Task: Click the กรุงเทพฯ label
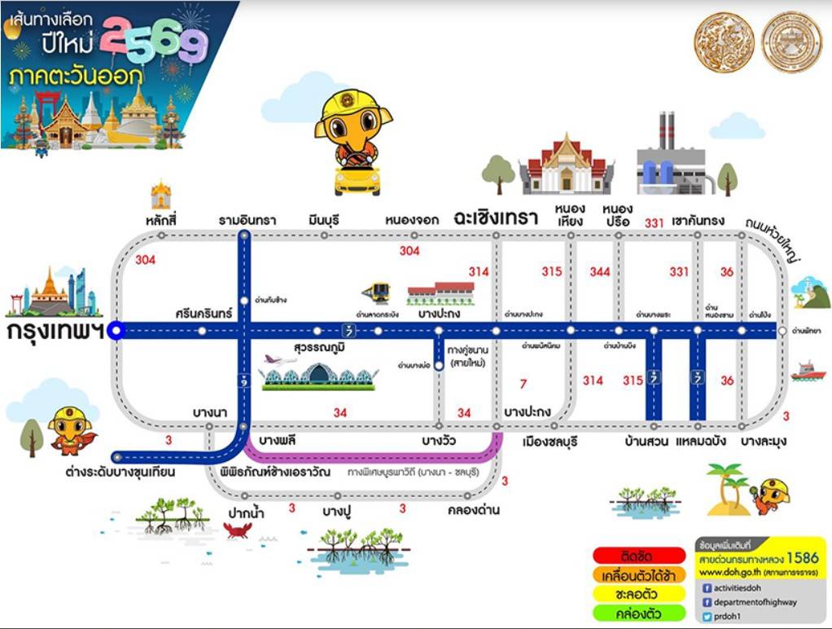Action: (55, 333)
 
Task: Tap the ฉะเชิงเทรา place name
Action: (497, 218)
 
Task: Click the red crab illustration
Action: (238, 530)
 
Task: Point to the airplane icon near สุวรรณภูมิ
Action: (281, 359)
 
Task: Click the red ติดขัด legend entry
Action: (638, 556)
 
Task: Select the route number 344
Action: (600, 271)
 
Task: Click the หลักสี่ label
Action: (161, 220)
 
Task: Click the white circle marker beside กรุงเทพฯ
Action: (116, 330)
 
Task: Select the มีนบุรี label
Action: (323, 220)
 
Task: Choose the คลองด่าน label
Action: (473, 511)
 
